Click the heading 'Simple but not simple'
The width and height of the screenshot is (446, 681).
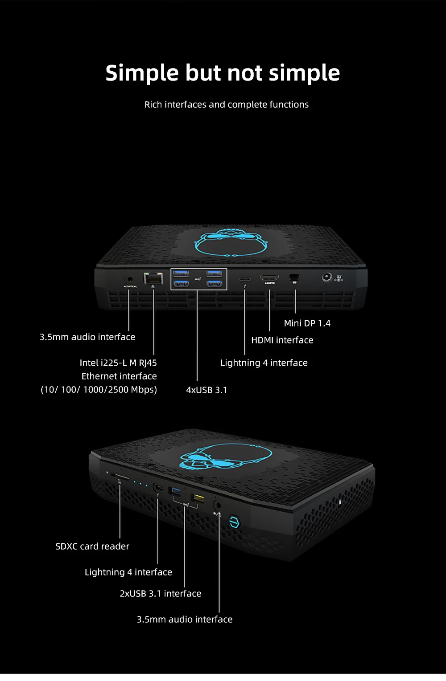click(x=223, y=73)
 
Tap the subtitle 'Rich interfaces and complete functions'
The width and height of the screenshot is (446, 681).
click(x=226, y=105)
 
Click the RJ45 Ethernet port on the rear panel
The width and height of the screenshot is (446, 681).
click(x=153, y=278)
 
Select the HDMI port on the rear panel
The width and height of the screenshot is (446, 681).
click(x=269, y=278)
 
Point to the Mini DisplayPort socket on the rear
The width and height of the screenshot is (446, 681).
click(x=294, y=277)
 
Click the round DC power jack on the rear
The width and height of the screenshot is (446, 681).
click(x=327, y=277)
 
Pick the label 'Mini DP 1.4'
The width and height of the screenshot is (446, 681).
click(x=307, y=323)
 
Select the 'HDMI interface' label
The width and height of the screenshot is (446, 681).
click(x=282, y=340)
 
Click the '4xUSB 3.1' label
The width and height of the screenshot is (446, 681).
click(x=206, y=390)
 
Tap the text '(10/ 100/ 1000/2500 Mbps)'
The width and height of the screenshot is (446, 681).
click(x=99, y=390)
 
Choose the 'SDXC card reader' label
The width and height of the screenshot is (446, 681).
click(x=92, y=546)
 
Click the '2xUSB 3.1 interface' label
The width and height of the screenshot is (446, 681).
click(x=160, y=594)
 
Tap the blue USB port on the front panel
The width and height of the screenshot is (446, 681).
click(x=175, y=492)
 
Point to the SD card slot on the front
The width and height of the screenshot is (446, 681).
click(x=120, y=477)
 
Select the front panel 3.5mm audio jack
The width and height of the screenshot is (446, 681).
click(x=218, y=505)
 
